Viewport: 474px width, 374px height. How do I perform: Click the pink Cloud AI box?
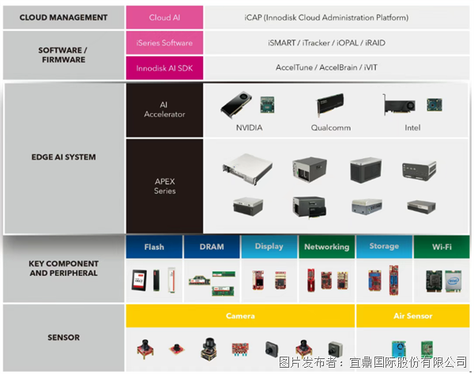(164, 17)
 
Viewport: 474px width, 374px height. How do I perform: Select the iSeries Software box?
(164, 43)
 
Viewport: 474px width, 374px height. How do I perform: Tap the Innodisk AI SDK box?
(164, 67)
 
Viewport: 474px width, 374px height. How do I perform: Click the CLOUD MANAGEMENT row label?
(62, 17)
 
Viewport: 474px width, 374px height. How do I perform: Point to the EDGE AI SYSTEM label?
(63, 157)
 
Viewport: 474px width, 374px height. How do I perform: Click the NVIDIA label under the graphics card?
(249, 127)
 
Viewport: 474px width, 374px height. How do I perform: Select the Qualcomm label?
(330, 127)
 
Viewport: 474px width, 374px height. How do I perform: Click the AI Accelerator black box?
(164, 109)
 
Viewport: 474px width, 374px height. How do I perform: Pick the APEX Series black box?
(164, 186)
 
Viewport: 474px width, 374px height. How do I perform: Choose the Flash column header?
(154, 247)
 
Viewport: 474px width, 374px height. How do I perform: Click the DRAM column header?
(211, 247)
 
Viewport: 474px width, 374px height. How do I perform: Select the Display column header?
(269, 247)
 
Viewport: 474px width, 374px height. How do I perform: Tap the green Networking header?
(326, 247)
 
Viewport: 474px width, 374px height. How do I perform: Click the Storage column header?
(384, 247)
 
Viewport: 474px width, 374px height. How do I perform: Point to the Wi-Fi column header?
(441, 247)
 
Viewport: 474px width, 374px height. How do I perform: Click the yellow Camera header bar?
(240, 316)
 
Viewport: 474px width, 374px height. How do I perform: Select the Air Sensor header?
(413, 316)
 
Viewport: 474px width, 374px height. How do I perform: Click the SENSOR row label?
(63, 338)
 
